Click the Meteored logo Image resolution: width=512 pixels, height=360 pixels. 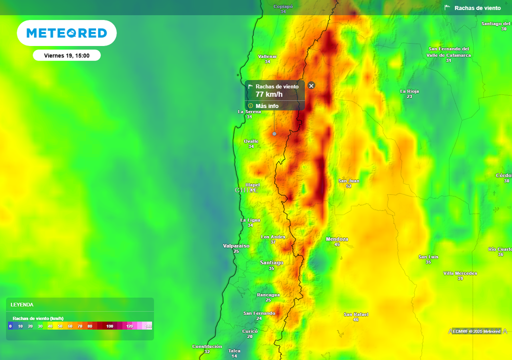click(x=66, y=33)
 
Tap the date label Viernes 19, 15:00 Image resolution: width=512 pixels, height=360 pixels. click(x=66, y=55)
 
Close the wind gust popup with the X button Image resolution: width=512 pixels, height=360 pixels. click(x=311, y=85)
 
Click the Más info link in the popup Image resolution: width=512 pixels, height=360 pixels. click(x=266, y=106)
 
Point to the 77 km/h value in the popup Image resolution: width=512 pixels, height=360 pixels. click(x=269, y=94)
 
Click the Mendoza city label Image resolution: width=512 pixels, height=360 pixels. click(x=337, y=239)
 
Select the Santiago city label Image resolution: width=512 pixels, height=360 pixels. click(x=271, y=262)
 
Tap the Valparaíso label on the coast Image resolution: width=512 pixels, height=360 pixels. click(x=236, y=246)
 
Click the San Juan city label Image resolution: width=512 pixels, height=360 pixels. click(x=348, y=180)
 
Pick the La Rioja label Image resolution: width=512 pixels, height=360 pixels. click(x=409, y=91)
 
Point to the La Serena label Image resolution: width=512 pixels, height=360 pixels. click(x=249, y=111)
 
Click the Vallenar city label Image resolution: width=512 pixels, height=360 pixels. click(x=267, y=56)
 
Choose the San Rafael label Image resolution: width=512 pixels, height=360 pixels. click(x=356, y=314)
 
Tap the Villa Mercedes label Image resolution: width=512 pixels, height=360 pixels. click(x=460, y=273)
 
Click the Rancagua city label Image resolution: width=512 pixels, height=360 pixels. click(x=268, y=295)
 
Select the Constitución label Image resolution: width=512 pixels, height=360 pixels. click(x=207, y=346)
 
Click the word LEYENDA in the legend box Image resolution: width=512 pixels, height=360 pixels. click(x=22, y=304)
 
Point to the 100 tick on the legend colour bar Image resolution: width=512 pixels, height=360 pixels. click(x=109, y=326)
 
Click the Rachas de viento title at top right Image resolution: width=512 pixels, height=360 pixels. click(x=477, y=8)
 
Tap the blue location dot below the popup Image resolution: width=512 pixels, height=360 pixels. click(x=274, y=133)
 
